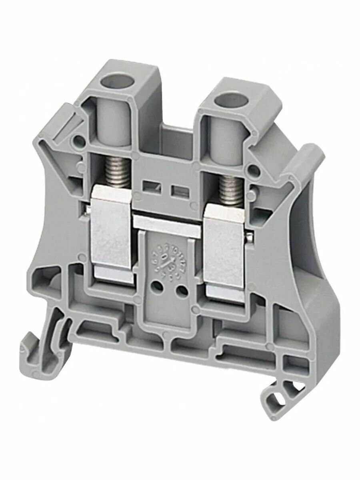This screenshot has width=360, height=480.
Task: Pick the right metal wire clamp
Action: (223, 252)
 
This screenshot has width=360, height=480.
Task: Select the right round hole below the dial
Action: (182, 290)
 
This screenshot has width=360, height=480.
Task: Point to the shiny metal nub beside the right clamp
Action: (249, 238)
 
